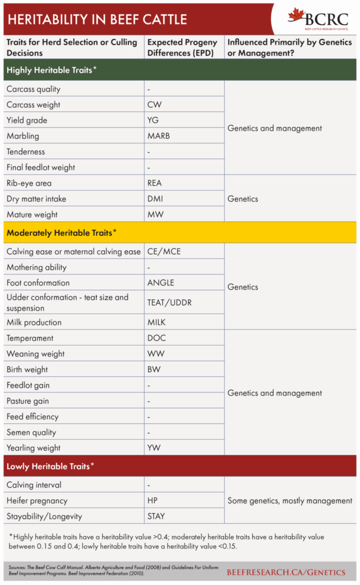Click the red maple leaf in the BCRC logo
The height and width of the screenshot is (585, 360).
tap(297, 15)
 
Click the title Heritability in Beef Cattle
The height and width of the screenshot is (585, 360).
tap(97, 19)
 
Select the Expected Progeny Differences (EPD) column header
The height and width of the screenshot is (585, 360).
tap(182, 47)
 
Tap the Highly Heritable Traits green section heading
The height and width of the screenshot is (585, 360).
tap(51, 70)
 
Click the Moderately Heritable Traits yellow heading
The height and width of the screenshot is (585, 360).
tap(61, 233)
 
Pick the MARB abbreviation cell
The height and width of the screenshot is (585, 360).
tap(158, 136)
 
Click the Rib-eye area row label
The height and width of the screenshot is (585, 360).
tap(29, 183)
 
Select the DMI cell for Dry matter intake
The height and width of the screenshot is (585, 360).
tap(155, 199)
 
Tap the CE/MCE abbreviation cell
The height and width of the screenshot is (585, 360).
tap(164, 251)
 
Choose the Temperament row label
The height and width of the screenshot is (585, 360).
tap(30, 338)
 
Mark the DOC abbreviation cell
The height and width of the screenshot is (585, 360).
tap(156, 338)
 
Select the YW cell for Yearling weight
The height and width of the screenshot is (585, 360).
tap(155, 448)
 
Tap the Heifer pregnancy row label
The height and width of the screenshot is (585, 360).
tap(37, 500)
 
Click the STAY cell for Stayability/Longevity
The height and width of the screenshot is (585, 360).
tap(156, 516)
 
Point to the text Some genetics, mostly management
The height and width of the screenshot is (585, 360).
tap(290, 500)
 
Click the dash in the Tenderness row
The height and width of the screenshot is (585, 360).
tap(149, 152)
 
